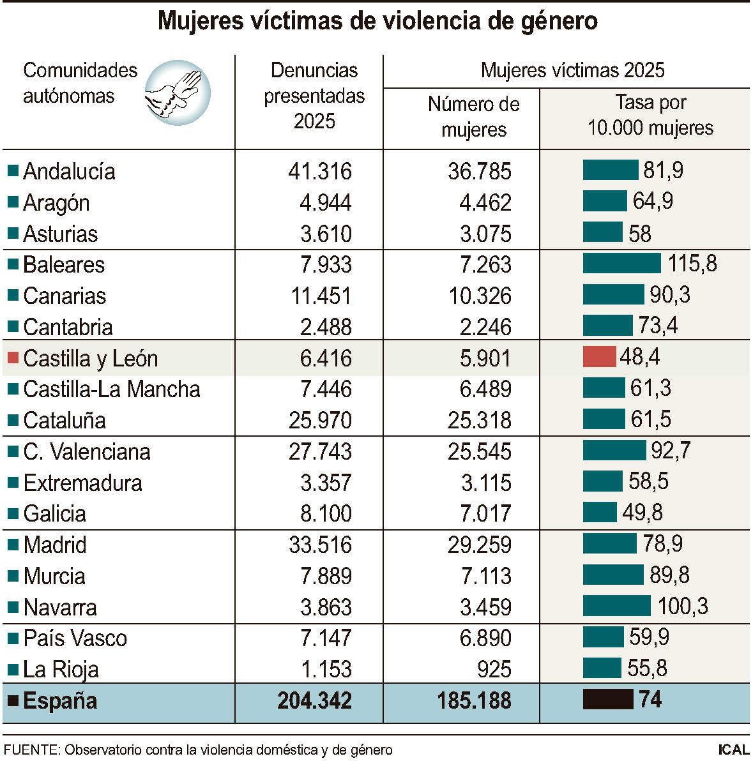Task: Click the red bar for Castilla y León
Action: (x=599, y=357)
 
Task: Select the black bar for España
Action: (x=607, y=700)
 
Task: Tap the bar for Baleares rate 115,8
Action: (x=621, y=263)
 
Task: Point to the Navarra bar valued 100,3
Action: (x=616, y=606)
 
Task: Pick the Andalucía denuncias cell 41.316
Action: (x=320, y=171)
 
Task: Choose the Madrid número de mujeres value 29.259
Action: (x=479, y=545)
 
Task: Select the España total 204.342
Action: (x=314, y=700)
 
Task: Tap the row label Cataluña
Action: (x=65, y=420)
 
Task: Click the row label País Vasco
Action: (x=75, y=638)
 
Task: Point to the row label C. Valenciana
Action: (x=87, y=451)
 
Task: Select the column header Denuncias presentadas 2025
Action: (x=314, y=96)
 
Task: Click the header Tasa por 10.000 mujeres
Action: (x=650, y=115)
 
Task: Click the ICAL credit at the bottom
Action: (x=733, y=750)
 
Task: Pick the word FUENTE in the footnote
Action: (x=30, y=750)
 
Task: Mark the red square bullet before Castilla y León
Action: (x=13, y=358)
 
